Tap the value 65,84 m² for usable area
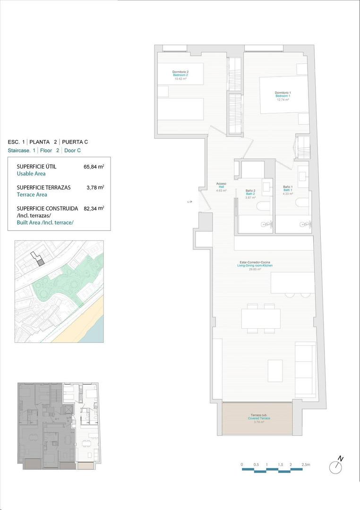(94, 167)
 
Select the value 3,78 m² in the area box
(95, 187)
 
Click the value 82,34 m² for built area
(94, 208)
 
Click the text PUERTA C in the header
(75, 142)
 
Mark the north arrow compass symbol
(336, 466)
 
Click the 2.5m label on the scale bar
(305, 465)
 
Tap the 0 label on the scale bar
(242, 465)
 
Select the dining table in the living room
(260, 318)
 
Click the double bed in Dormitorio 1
(282, 95)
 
